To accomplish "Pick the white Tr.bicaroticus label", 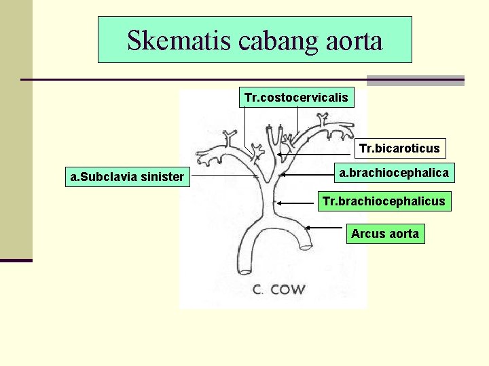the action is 399,148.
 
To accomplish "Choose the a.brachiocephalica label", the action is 394,173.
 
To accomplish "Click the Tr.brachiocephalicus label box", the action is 384,201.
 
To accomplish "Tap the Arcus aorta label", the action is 385,234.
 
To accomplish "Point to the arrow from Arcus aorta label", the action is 326,228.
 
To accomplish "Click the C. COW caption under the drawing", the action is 279,289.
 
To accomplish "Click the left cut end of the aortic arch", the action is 246,272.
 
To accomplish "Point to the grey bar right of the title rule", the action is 415,80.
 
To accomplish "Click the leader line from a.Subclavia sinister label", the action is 224,178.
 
